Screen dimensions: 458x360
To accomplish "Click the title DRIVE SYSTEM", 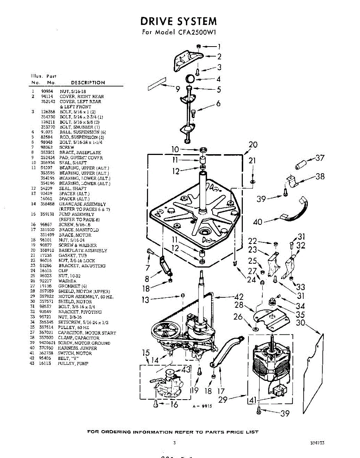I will coord(179,21).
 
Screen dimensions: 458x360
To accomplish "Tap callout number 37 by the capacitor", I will coord(320,158).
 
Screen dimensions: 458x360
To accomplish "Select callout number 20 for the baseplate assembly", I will coord(253,145).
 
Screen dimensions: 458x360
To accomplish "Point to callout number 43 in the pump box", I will coord(186,369).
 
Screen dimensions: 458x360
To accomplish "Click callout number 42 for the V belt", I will coord(239,297).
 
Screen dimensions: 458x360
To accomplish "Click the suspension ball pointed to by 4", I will coord(190,79).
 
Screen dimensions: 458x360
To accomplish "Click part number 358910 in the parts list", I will coord(47,250).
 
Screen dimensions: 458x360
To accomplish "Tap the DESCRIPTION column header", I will coord(88,82).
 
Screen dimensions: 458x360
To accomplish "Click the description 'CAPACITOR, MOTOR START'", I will coord(87,333).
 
